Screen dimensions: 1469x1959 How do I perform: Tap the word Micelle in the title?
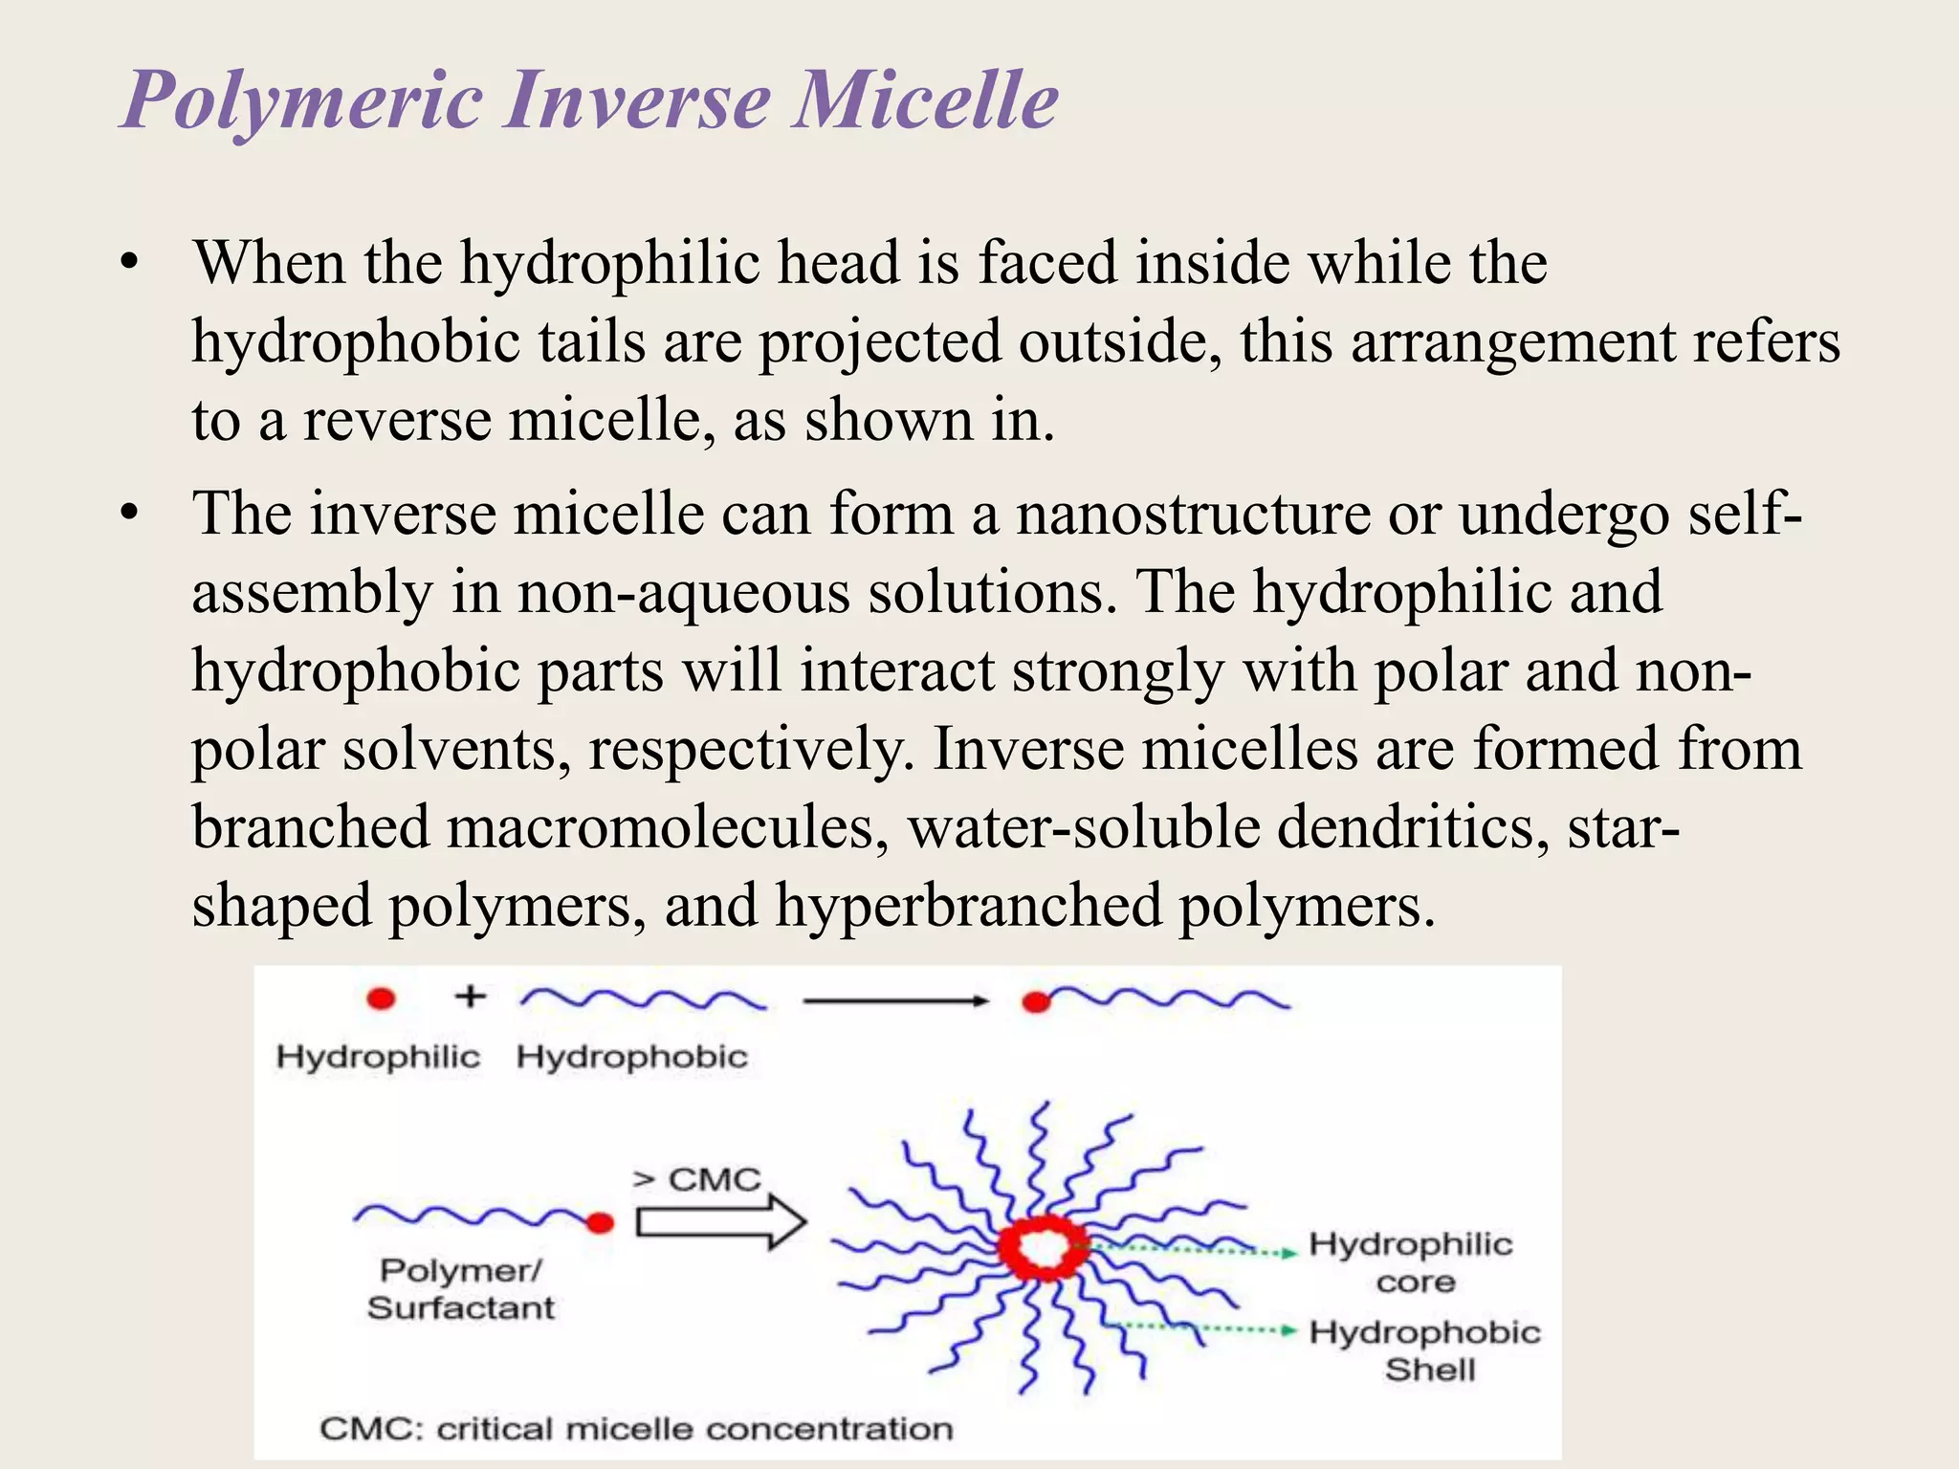click(x=926, y=99)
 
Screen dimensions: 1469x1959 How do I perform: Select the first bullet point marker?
click(x=130, y=263)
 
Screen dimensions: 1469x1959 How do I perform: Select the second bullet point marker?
click(x=130, y=514)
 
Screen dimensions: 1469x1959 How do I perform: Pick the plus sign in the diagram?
click(x=470, y=997)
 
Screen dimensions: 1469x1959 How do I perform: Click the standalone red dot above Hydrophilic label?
click(x=381, y=999)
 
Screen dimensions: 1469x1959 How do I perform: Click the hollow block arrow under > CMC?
click(x=720, y=1222)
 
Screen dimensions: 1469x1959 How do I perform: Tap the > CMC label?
click(x=696, y=1179)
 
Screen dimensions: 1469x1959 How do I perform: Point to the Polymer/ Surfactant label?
click(x=460, y=1288)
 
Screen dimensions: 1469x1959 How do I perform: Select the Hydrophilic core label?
click(x=1411, y=1262)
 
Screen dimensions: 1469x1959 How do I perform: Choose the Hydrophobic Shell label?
click(x=1425, y=1350)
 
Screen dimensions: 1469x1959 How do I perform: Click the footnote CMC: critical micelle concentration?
click(x=636, y=1429)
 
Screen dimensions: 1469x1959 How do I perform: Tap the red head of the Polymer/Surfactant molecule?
click(x=600, y=1222)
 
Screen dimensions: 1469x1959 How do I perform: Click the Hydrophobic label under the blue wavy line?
click(x=632, y=1057)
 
